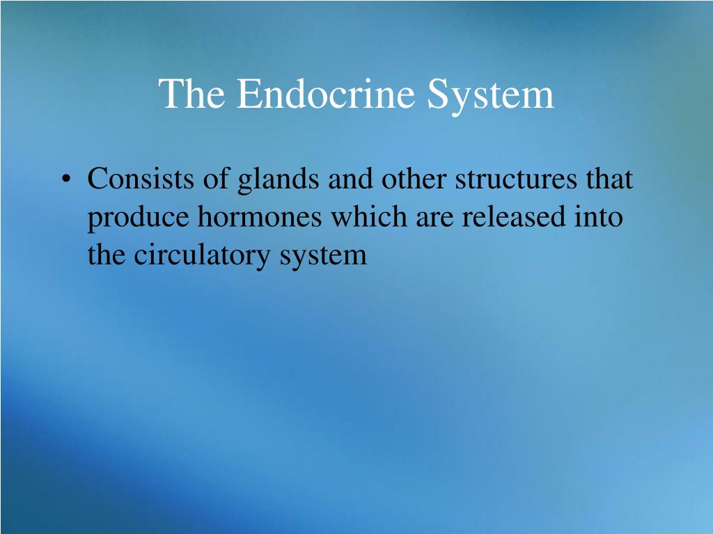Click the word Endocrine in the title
click(x=326, y=93)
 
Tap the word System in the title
click(x=491, y=95)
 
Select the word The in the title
click(x=191, y=93)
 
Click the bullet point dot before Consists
click(x=66, y=179)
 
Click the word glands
click(x=279, y=179)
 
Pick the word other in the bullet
click(x=414, y=178)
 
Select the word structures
click(x=516, y=179)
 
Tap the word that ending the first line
click(x=609, y=178)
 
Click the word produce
click(x=138, y=218)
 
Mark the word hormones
click(x=260, y=216)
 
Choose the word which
click(x=369, y=216)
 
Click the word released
click(x=514, y=216)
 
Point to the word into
click(x=599, y=216)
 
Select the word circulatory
click(x=202, y=256)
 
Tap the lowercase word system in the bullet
click(x=323, y=257)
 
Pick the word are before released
click(x=434, y=220)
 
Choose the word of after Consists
click(x=216, y=178)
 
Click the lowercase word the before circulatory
click(x=106, y=254)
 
